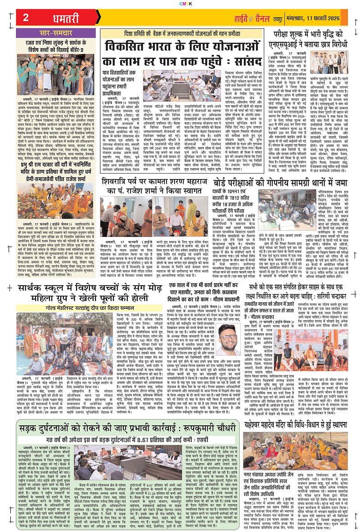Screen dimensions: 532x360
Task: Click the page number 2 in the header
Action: pos(26,17)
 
